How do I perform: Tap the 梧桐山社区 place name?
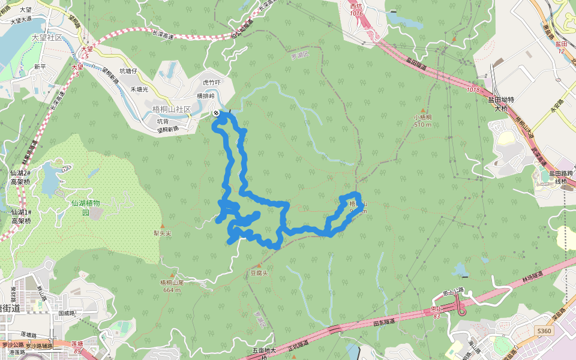click(172, 109)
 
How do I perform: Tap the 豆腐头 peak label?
click(259, 272)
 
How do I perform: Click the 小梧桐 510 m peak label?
click(422, 121)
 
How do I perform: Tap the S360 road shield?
click(544, 331)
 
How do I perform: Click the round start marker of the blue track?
click(216, 113)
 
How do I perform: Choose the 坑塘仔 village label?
click(128, 71)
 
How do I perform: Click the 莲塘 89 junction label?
click(76, 346)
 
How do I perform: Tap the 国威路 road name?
click(65, 313)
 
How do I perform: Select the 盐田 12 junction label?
click(561, 47)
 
